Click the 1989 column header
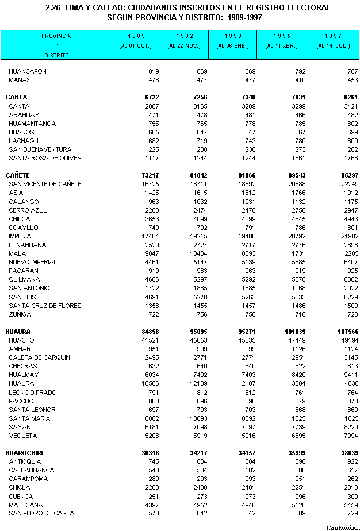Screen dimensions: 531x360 click(136, 45)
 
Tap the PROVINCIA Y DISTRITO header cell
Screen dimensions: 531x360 click(56, 45)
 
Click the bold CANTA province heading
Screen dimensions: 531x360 click(16, 98)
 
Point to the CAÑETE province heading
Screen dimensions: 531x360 click(18, 175)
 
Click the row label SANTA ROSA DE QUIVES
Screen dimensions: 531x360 click(45, 158)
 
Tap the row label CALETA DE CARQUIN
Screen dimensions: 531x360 click(40, 357)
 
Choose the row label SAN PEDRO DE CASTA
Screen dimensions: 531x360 click(41, 513)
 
